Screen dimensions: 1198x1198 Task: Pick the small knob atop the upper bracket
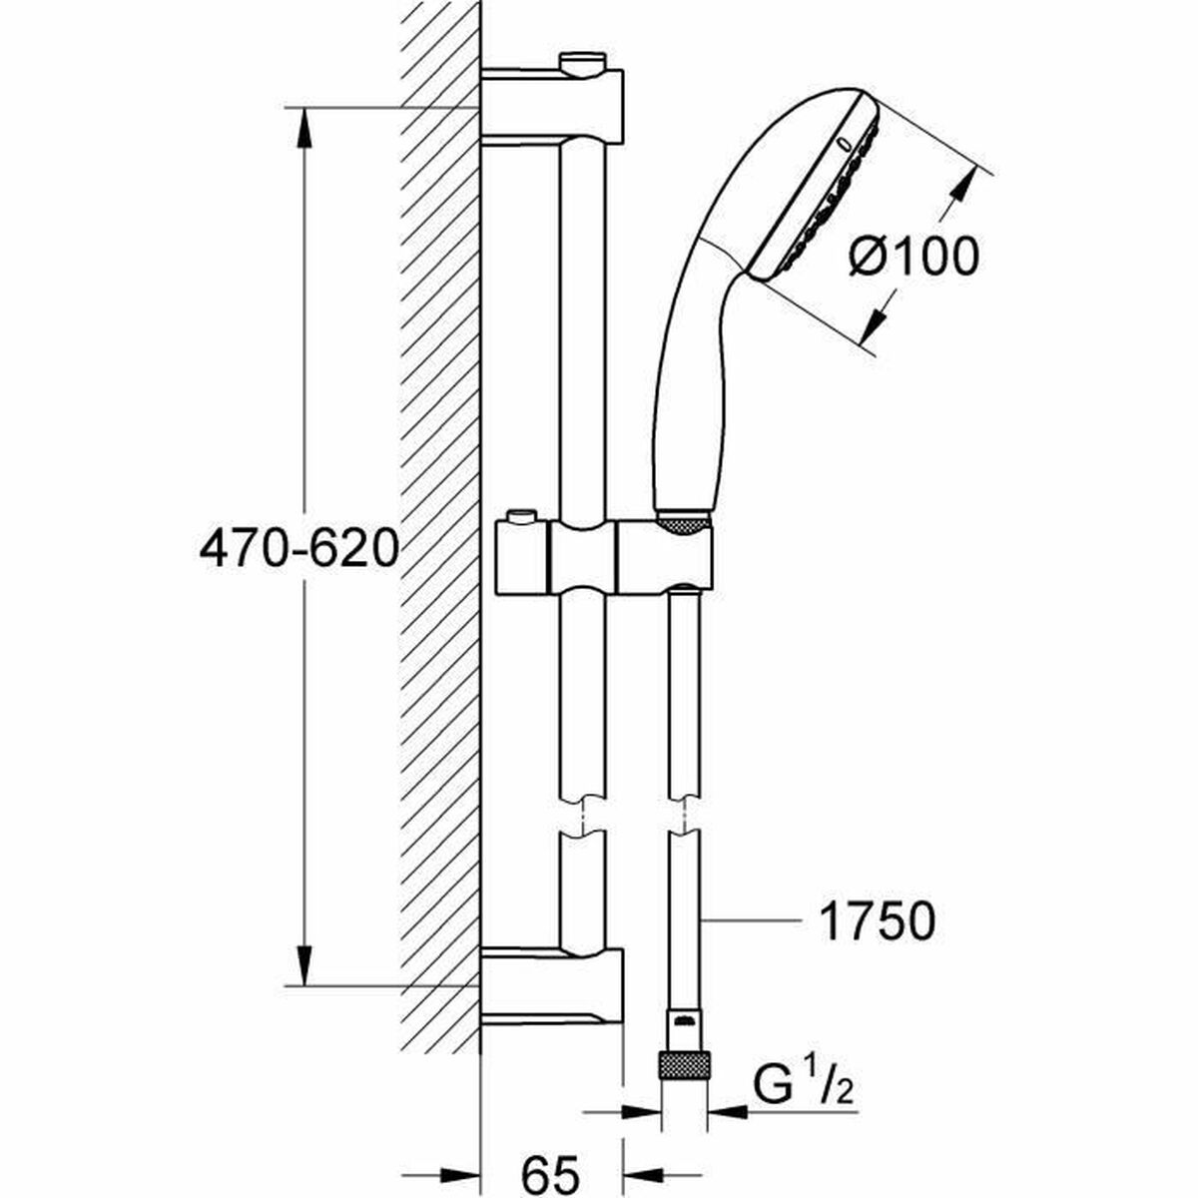pos(582,64)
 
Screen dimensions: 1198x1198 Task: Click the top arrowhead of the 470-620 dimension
pos(303,130)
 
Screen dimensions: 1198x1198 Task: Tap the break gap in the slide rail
pos(582,816)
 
